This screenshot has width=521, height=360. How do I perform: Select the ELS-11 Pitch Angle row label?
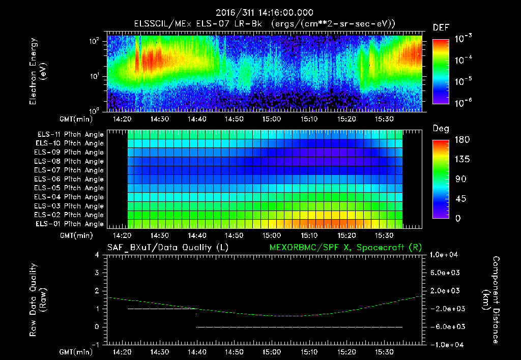70,135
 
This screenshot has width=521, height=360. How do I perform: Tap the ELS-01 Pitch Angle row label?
70,224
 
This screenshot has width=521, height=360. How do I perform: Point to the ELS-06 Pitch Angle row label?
70,179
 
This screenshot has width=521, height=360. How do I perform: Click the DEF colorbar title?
441,28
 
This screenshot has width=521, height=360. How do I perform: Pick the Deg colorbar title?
441,129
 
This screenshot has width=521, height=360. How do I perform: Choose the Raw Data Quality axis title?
38,300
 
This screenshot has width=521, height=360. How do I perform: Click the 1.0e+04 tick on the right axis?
446,255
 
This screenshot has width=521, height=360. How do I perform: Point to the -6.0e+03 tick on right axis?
446,326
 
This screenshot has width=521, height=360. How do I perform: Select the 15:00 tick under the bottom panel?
271,352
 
